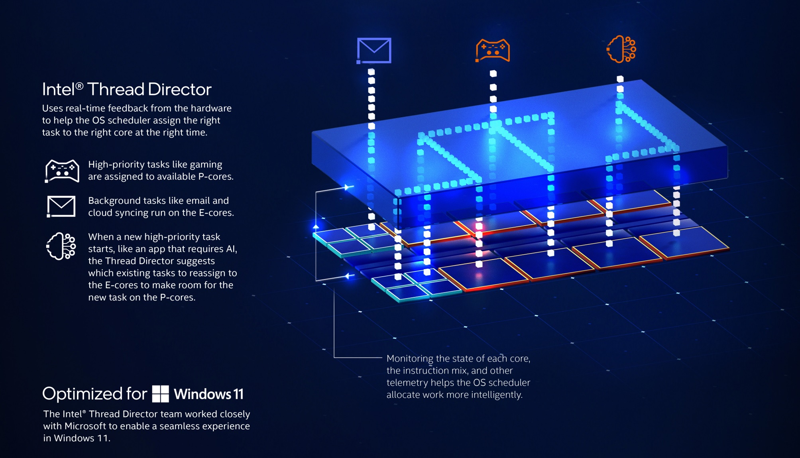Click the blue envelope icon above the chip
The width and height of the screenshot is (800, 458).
[x=374, y=51]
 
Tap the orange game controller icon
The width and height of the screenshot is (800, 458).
[x=493, y=51]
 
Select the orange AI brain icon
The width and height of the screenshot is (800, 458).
[x=621, y=49]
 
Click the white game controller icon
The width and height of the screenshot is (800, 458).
[x=62, y=171]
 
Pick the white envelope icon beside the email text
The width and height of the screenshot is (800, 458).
[x=61, y=206]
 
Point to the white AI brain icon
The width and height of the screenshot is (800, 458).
[x=61, y=246]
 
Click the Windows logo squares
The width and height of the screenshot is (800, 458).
[x=161, y=394]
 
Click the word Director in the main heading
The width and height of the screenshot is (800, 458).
[x=179, y=89]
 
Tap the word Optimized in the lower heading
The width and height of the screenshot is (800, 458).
[x=83, y=394]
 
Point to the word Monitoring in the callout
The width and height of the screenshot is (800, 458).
[x=410, y=358]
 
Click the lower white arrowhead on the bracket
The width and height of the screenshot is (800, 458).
[x=349, y=276]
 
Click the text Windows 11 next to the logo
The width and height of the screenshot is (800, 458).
[x=208, y=394]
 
